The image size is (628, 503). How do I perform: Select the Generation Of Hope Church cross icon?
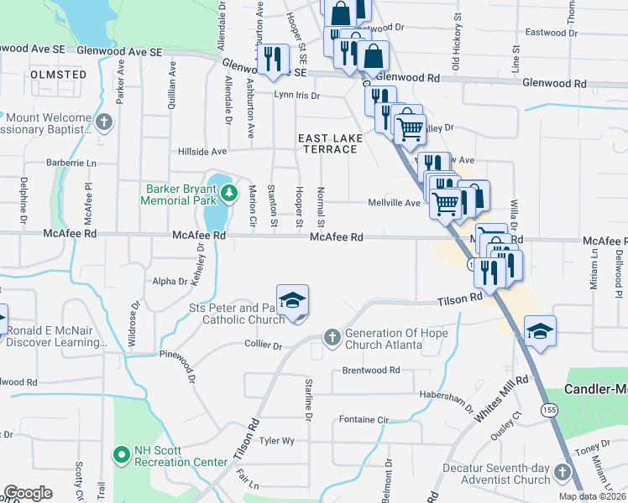(332, 338)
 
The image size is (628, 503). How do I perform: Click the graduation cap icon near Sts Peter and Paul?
(292, 301)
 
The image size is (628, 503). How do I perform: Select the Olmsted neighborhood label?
(58, 75)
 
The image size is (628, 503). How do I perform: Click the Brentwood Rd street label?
(371, 370)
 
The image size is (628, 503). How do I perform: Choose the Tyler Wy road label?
(277, 440)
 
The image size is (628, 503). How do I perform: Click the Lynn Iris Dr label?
(297, 96)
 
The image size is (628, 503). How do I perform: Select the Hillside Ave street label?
(202, 152)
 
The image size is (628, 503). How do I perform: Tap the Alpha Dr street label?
(170, 281)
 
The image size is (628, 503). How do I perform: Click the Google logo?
(28, 493)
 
